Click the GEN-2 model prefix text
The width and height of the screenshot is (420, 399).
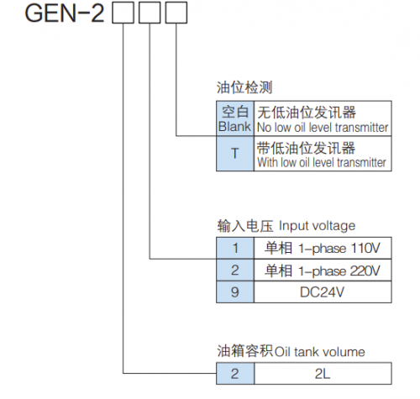click(65, 13)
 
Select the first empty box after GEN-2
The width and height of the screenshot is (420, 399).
click(123, 13)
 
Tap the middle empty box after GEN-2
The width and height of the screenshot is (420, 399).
click(150, 13)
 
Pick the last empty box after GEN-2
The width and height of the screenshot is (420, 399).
click(176, 13)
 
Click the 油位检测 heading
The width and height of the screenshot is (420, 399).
click(244, 87)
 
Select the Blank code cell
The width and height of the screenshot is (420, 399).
click(235, 118)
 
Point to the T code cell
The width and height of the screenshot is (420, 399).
click(235, 154)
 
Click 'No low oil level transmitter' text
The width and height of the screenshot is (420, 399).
click(323, 128)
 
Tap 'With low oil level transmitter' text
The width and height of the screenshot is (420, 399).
click(322, 162)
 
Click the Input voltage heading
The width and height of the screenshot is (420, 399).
click(286, 226)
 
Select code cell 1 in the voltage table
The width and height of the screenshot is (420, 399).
click(235, 248)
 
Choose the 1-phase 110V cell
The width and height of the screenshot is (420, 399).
click(323, 248)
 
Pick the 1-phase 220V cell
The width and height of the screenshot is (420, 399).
click(323, 270)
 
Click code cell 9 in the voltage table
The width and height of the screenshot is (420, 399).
click(235, 292)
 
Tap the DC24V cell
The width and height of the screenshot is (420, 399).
click(323, 292)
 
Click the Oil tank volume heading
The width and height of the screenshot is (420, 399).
click(291, 351)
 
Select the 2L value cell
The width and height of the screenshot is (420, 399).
click(323, 374)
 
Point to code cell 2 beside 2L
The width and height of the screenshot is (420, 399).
click(235, 374)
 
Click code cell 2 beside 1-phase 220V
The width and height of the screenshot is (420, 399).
click(235, 270)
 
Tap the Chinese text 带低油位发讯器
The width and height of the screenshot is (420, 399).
click(306, 148)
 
